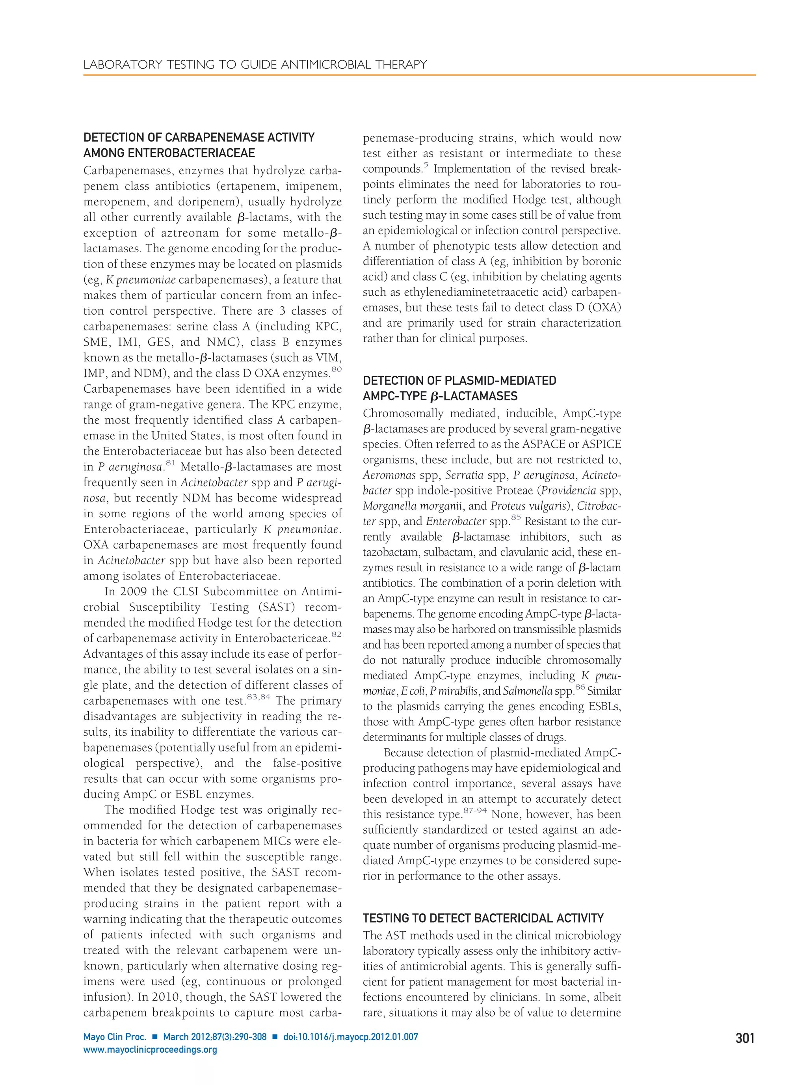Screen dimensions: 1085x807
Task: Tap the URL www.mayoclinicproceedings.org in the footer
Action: point(150,1050)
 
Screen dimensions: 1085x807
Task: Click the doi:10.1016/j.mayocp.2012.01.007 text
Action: point(350,1037)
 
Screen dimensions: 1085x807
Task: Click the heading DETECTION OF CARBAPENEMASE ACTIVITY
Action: point(199,137)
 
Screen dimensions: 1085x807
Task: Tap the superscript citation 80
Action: point(336,369)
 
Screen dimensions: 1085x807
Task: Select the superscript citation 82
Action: point(336,634)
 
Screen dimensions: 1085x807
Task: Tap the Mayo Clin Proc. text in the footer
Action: point(115,1037)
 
